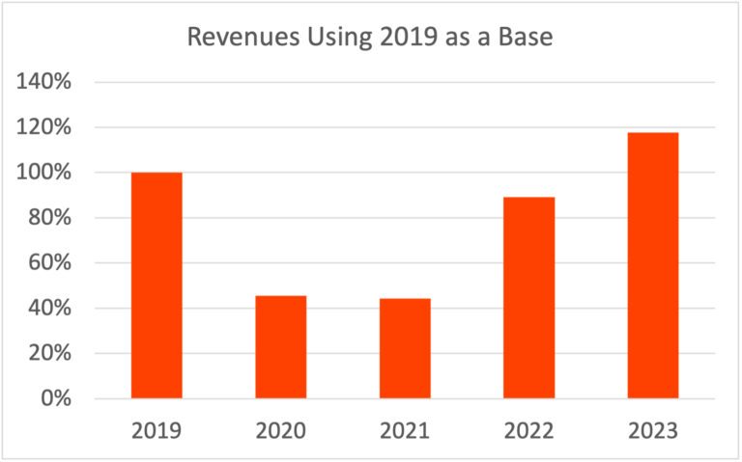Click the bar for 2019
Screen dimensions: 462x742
coord(157,285)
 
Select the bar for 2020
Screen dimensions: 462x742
coord(280,347)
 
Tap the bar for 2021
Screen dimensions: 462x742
coord(405,349)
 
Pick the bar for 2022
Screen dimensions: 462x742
coord(528,298)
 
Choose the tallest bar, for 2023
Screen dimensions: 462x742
coord(652,265)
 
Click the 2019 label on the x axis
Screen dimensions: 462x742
coord(157,430)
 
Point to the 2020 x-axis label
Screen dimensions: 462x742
coord(280,430)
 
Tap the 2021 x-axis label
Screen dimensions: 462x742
coord(405,430)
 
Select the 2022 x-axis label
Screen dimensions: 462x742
coord(528,430)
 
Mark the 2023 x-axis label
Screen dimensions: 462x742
coord(652,430)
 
